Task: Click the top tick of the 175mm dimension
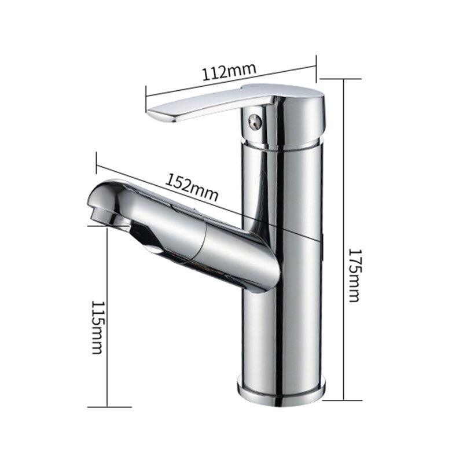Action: tap(345, 79)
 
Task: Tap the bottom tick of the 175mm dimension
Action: tap(345, 400)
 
